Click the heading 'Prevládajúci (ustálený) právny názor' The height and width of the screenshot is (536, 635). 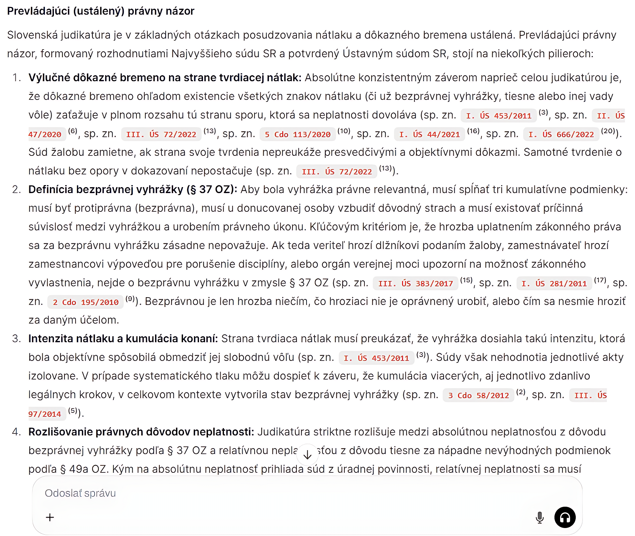pyautogui.click(x=101, y=11)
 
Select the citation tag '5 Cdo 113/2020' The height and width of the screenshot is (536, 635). pyautogui.click(x=298, y=134)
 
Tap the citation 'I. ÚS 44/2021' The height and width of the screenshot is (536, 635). pyautogui.click(x=429, y=134)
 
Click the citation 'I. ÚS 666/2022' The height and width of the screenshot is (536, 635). pyautogui.click(x=561, y=134)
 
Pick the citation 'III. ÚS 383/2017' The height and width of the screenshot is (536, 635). pyautogui.click(x=416, y=284)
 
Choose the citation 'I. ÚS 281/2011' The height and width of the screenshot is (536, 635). pyautogui.click(x=554, y=284)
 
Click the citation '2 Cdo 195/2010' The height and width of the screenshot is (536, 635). pyautogui.click(x=86, y=302)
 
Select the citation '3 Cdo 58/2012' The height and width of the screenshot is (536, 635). pyautogui.click(x=478, y=396)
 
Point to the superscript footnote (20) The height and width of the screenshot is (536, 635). pyautogui.click(x=608, y=131)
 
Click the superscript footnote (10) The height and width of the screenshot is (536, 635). pyautogui.click(x=344, y=131)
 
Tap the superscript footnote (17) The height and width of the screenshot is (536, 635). pyautogui.click(x=600, y=280)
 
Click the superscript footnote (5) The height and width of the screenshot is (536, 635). pyautogui.click(x=73, y=411)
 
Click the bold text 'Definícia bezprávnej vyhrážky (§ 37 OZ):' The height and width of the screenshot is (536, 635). pyautogui.click(x=132, y=189)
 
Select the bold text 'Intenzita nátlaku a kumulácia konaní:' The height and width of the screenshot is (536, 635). pyautogui.click(x=123, y=339)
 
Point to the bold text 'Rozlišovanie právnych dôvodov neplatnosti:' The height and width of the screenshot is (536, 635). pyautogui.click(x=141, y=432)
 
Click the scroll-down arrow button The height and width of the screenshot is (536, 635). pyautogui.click(x=307, y=455)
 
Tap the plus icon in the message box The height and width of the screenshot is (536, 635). pyautogui.click(x=50, y=517)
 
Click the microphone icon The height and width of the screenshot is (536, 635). pyautogui.click(x=539, y=517)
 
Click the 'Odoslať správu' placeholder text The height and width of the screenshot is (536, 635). pyautogui.click(x=80, y=493)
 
